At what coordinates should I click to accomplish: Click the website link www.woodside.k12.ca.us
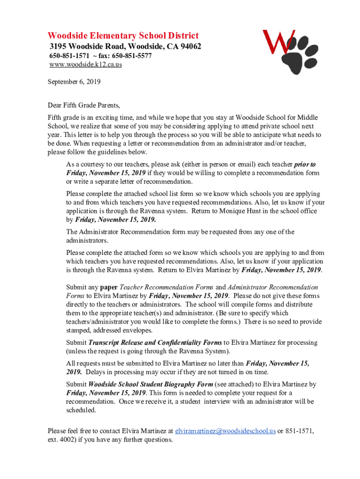[x=86, y=65]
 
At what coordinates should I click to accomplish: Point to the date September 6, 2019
[x=74, y=81]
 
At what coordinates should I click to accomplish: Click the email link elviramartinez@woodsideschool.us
[x=225, y=431]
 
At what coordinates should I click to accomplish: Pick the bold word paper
[x=109, y=287]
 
